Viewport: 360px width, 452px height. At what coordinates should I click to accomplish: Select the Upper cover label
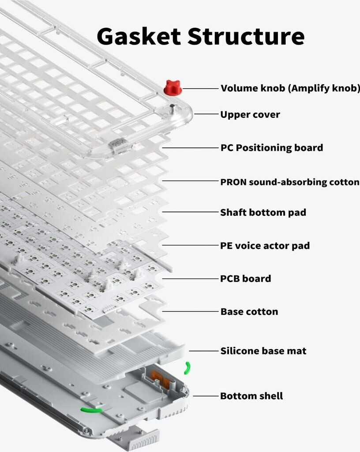tap(250, 115)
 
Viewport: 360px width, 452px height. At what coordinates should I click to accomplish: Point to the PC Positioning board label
tap(271, 148)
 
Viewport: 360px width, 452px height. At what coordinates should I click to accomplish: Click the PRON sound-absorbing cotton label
tap(289, 182)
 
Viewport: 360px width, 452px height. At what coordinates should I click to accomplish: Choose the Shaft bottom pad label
tap(263, 212)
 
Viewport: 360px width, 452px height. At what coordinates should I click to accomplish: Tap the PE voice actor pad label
tap(265, 245)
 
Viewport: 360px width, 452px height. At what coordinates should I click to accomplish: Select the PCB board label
tap(245, 279)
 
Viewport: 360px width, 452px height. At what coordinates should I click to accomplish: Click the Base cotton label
tap(249, 312)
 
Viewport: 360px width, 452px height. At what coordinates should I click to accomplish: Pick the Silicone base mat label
tap(263, 351)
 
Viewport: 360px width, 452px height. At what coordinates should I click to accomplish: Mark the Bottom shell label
tap(251, 396)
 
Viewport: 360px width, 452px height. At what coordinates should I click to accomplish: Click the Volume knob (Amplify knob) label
tap(290, 88)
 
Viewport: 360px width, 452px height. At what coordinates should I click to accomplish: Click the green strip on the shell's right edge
tap(187, 368)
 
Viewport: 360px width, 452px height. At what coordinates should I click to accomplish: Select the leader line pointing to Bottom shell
tap(206, 396)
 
